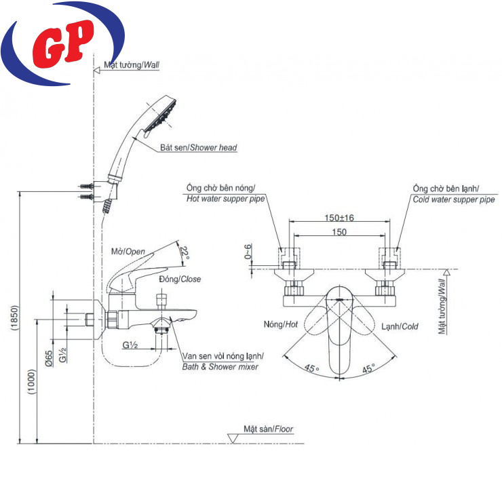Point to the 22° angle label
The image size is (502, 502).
pyautogui.click(x=183, y=252)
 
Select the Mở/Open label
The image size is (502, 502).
pyautogui.click(x=128, y=251)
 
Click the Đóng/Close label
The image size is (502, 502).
pyautogui.click(x=180, y=279)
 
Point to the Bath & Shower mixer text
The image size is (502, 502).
pyautogui.click(x=220, y=366)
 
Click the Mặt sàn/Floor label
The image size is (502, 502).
pyautogui.click(x=269, y=429)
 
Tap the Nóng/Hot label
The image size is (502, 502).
pyautogui.click(x=281, y=326)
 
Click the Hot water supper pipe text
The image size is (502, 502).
pyautogui.click(x=225, y=199)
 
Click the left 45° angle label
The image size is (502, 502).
pyautogui.click(x=311, y=368)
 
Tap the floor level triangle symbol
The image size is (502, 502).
pyautogui.click(x=231, y=439)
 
